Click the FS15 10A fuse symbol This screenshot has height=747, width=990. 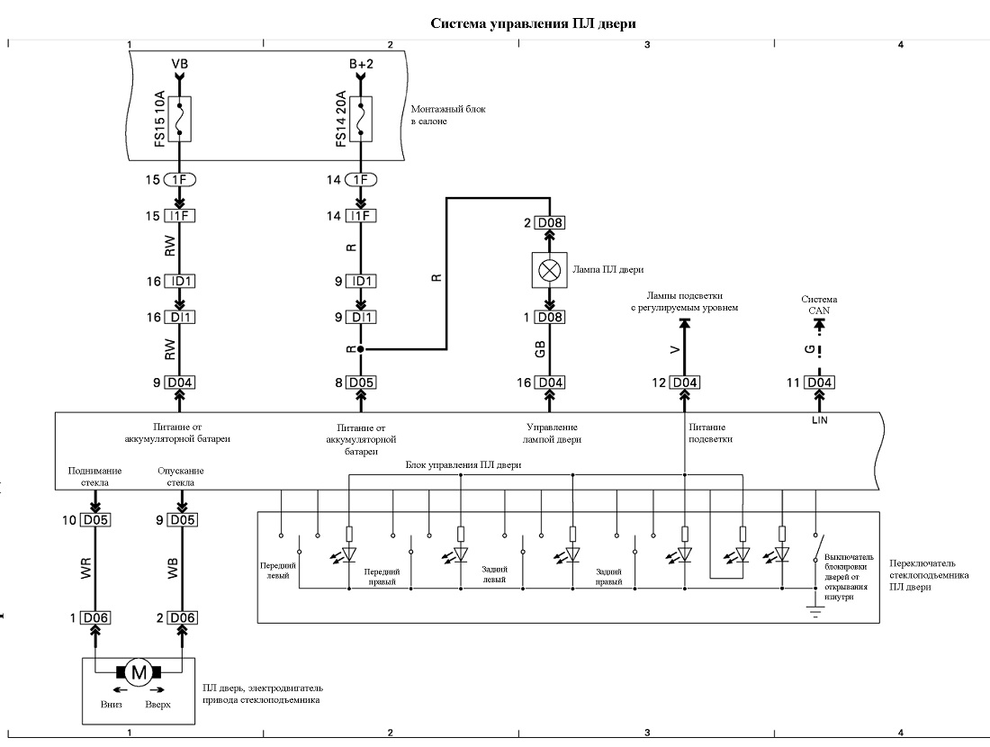(x=180, y=119)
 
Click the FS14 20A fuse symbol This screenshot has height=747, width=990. (x=361, y=119)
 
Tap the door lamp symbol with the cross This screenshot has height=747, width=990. (x=549, y=270)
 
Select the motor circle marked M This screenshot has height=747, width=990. (x=139, y=672)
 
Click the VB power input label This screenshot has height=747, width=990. (x=180, y=64)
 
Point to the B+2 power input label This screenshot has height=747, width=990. (x=361, y=64)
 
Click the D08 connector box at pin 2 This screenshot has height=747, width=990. (x=549, y=223)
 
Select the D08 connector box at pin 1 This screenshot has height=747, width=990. (x=549, y=317)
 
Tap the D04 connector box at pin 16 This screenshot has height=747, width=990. (x=549, y=382)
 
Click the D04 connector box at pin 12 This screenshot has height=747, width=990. (x=684, y=382)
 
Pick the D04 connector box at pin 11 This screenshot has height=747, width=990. (x=819, y=382)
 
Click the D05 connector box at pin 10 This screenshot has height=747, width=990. (x=95, y=519)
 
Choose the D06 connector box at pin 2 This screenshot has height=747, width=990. (x=182, y=617)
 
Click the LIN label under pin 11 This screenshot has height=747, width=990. (x=820, y=420)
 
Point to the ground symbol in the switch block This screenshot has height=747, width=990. (x=815, y=610)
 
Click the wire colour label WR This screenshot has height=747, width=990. (x=85, y=568)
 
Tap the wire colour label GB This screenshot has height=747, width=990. (x=540, y=349)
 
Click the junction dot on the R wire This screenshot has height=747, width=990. (x=361, y=348)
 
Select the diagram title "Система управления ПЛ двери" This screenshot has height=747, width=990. (x=534, y=23)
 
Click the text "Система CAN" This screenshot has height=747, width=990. (x=819, y=304)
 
